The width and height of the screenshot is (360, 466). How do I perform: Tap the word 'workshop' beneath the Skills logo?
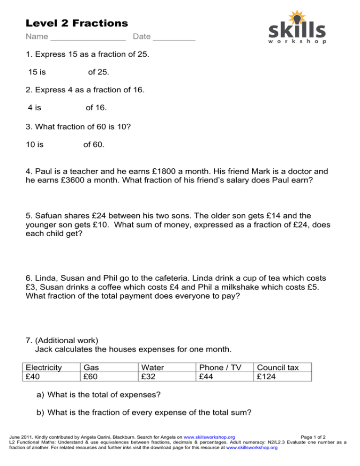pos(297,41)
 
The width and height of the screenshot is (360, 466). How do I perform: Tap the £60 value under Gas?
pos(91,376)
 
